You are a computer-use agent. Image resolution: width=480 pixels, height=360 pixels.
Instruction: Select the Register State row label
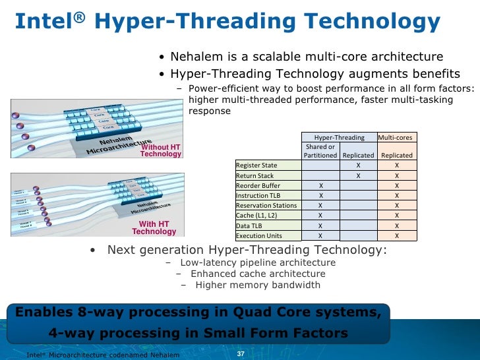(x=256, y=165)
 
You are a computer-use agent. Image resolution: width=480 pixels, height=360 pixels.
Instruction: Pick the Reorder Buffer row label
(x=258, y=186)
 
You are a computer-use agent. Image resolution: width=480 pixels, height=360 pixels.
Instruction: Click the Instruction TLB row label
(x=261, y=196)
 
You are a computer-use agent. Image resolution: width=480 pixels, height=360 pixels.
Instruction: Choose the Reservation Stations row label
(x=266, y=206)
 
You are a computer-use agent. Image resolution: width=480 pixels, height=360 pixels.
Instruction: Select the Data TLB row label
(x=250, y=225)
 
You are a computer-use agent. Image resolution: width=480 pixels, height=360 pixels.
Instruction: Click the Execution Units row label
(x=259, y=235)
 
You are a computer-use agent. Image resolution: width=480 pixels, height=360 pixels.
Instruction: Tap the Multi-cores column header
(x=396, y=137)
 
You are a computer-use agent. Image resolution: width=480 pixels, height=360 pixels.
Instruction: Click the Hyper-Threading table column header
(x=339, y=137)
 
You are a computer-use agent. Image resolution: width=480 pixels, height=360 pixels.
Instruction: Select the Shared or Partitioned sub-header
(x=320, y=151)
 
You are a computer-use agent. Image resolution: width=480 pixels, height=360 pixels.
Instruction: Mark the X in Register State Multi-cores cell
(x=396, y=165)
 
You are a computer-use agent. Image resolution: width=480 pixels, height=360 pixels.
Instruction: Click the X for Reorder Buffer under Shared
(x=320, y=186)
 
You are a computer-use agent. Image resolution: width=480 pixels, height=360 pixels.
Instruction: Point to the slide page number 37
(x=240, y=355)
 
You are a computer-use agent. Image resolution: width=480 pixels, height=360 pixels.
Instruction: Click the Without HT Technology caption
(x=161, y=150)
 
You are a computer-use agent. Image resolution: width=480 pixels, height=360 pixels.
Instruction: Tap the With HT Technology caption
(x=154, y=228)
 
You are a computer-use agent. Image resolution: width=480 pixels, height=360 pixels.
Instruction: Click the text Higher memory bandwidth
(x=258, y=285)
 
